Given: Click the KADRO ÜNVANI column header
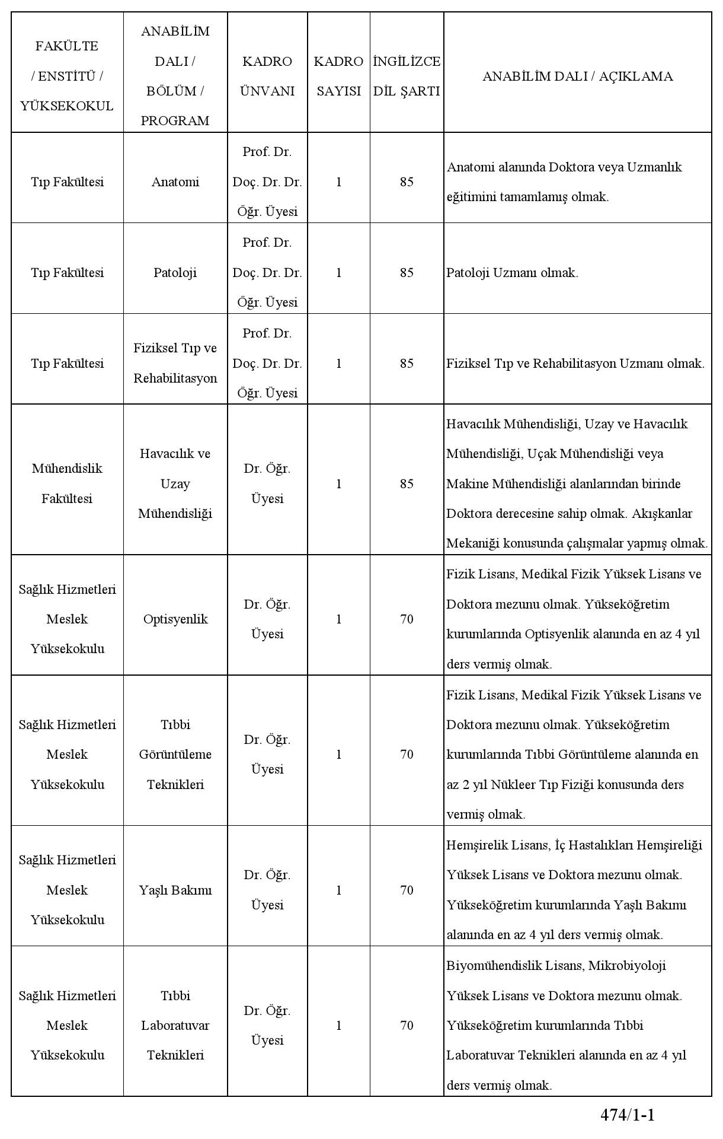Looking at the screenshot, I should click(x=267, y=76).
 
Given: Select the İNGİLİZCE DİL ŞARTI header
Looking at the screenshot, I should click(x=407, y=76).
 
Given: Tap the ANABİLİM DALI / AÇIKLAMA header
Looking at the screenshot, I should click(x=577, y=76).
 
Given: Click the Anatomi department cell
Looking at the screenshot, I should click(x=175, y=182).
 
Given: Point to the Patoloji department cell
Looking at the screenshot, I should click(x=175, y=273).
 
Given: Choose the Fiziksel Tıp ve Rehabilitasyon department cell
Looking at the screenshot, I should click(x=175, y=363).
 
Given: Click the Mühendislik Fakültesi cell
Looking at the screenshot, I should click(x=67, y=483).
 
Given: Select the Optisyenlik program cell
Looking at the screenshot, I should click(x=175, y=619).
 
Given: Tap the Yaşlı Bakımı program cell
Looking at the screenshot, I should click(x=175, y=890).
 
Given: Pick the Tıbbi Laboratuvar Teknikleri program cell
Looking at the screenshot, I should click(x=175, y=1025).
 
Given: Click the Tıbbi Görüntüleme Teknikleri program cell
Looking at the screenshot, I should click(x=175, y=755).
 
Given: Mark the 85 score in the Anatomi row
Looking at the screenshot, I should click(x=407, y=182).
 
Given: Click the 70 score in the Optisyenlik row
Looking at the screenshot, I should click(x=407, y=619).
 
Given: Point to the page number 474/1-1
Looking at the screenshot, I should click(x=628, y=1115).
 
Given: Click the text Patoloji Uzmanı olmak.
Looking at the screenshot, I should click(x=512, y=273).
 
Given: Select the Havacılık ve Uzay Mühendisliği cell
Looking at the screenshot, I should click(x=175, y=483).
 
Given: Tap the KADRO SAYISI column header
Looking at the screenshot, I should click(x=338, y=76).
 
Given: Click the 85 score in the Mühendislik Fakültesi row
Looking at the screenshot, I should click(x=407, y=483).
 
